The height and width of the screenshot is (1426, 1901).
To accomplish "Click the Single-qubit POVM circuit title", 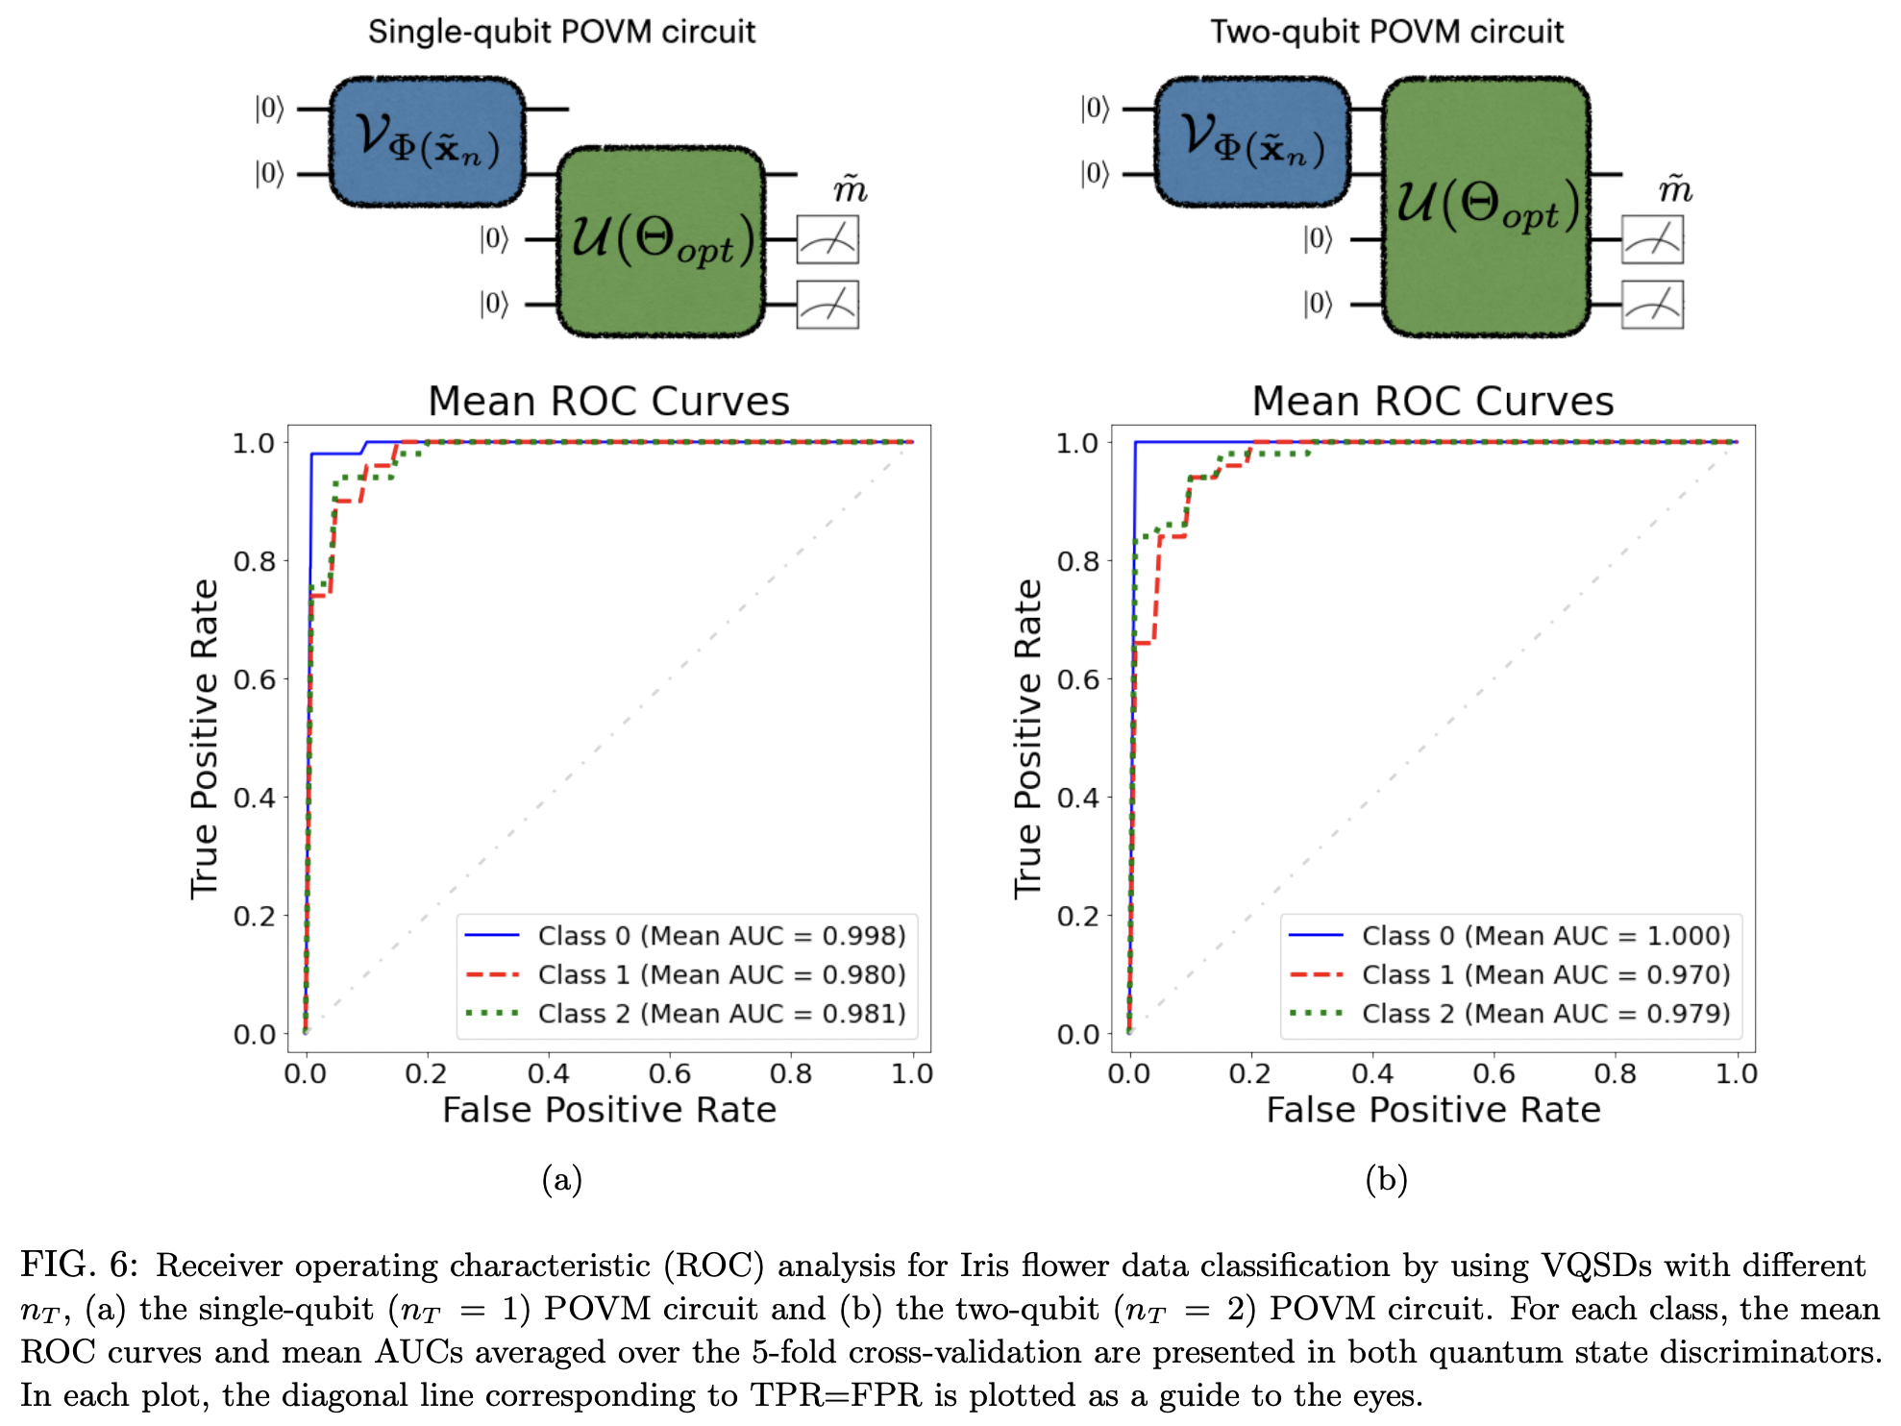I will [x=561, y=32].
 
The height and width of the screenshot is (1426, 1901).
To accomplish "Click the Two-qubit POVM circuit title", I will [x=1386, y=32].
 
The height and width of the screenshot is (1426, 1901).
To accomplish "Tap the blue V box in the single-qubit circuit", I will [x=428, y=141].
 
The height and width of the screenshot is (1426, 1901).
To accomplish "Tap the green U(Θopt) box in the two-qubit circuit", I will [x=1486, y=207].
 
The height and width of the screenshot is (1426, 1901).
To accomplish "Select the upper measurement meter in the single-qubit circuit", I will [x=827, y=239].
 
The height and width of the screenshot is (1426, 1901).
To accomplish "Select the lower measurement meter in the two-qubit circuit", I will [x=1652, y=305].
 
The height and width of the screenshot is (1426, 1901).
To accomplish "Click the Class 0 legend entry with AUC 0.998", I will [x=721, y=935].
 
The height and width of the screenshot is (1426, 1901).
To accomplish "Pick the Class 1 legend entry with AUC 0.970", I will [x=1544, y=974].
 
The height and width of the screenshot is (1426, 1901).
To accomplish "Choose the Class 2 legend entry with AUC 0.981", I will [x=721, y=1014].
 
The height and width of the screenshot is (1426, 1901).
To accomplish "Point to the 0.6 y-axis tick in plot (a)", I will [x=255, y=679].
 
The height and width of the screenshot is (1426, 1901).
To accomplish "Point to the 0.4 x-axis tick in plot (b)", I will [x=1372, y=1073].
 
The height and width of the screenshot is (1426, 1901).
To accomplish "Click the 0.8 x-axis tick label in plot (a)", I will [x=790, y=1073].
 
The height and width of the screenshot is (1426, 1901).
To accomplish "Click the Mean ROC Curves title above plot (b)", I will [x=1432, y=401].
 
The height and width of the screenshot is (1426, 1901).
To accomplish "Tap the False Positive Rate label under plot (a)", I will [x=608, y=1110].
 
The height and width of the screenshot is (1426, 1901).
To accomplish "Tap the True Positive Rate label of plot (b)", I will [x=1027, y=738].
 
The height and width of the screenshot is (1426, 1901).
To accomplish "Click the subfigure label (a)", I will [x=561, y=1179].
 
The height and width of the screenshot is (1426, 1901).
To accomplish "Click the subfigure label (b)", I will [x=1386, y=1179].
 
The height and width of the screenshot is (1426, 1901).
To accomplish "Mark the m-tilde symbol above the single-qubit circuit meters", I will [x=850, y=188].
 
